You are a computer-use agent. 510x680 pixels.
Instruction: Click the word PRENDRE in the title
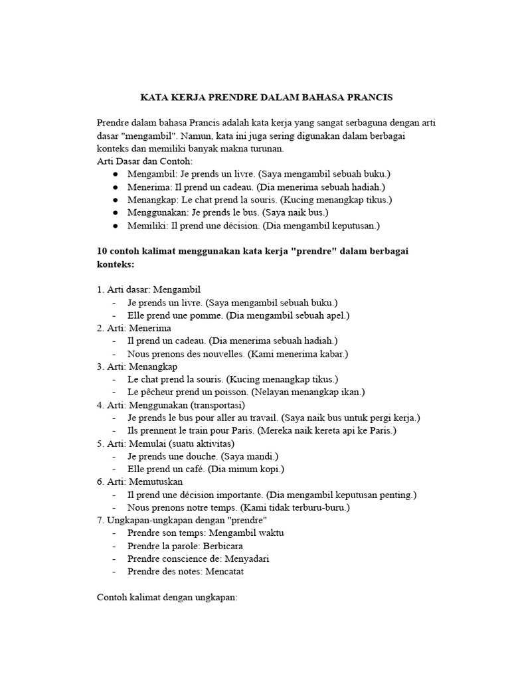tap(236, 98)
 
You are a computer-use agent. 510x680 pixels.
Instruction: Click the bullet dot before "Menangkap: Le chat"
tap(116, 200)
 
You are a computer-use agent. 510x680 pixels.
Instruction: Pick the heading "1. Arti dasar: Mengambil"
tap(149, 290)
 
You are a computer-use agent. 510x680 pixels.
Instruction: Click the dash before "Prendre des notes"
tap(116, 571)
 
